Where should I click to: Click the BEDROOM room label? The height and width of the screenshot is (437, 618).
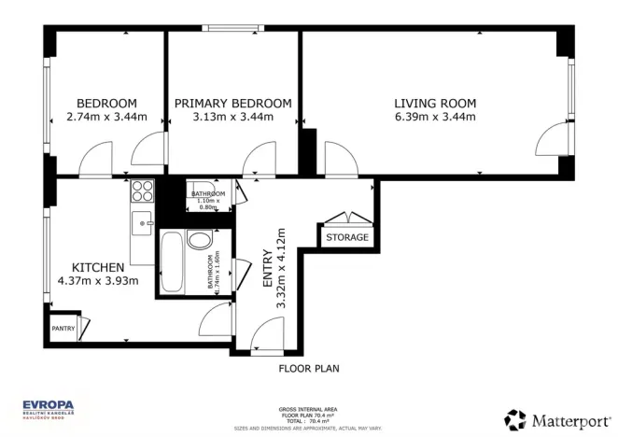106,103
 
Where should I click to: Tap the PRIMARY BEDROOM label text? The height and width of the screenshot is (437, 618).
232,103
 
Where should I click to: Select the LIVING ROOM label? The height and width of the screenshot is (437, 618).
434,103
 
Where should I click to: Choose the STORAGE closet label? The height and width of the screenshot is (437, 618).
346,237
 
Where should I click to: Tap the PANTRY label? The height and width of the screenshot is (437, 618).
63,328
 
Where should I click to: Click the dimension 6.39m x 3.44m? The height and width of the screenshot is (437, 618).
434,117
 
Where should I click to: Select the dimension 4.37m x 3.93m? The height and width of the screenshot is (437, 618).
98,280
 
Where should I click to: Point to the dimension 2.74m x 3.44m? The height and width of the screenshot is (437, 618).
106,117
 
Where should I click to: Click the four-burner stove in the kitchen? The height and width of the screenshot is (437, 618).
143,190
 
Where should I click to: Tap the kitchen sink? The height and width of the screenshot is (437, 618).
143,222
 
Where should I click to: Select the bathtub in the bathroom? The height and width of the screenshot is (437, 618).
173,262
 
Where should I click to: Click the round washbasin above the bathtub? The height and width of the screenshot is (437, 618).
200,239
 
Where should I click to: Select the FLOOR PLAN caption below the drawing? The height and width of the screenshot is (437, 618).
309,369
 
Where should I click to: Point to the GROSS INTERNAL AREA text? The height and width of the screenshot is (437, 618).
309,409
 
